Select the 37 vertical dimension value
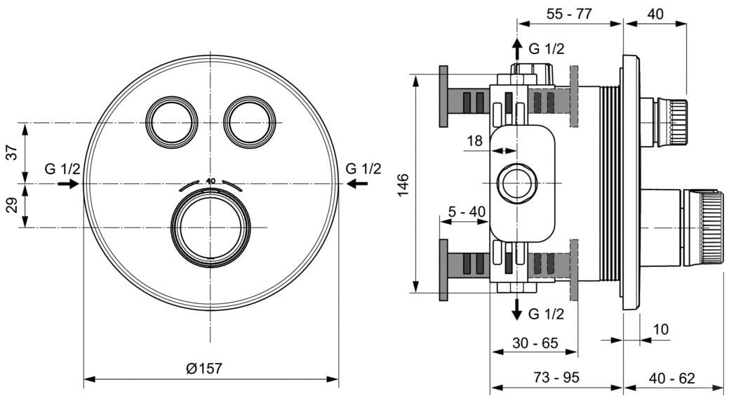coord(12,152)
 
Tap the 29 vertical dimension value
coord(12,206)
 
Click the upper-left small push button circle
coord(171,120)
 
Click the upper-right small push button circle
coord(248,120)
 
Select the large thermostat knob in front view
coord(210,228)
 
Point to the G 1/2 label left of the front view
coord(62,169)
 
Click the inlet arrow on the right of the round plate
coord(358,183)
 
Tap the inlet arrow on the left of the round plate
coord(67,183)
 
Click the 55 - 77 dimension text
coord(570,13)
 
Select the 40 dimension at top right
coord(655,13)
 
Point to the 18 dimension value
coord(475,141)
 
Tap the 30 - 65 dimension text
coord(535,343)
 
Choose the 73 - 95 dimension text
coord(556,376)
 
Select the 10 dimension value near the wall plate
coord(660,329)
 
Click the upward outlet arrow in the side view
coord(517,48)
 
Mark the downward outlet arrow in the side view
coord(517,308)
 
